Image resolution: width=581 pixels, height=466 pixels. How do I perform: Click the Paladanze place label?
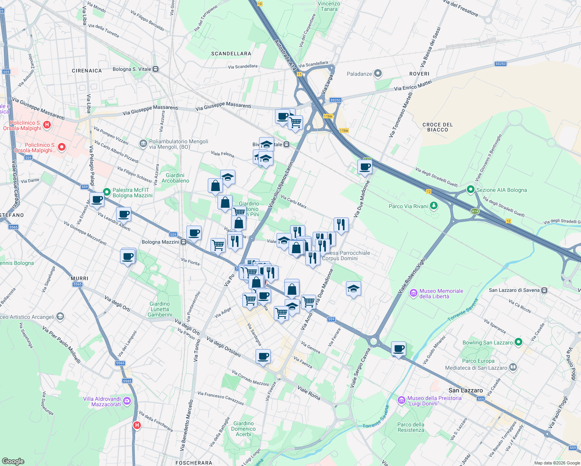[x=359, y=74]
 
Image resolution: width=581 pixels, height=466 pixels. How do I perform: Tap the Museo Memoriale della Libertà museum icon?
[x=414, y=293]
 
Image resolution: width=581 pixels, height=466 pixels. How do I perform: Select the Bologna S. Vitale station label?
[x=132, y=69]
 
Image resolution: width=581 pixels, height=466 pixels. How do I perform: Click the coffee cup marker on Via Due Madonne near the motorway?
[x=365, y=167]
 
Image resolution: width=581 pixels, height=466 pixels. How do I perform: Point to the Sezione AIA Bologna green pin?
[x=471, y=190]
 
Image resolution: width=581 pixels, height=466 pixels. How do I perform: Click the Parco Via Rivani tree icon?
[x=434, y=206]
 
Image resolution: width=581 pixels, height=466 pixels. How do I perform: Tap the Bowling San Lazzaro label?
[x=487, y=343]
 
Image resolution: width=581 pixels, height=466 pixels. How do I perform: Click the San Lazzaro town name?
[x=466, y=390]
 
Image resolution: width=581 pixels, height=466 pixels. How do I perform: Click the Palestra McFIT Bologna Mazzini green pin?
[x=107, y=192]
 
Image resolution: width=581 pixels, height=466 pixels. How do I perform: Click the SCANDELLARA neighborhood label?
[x=231, y=54]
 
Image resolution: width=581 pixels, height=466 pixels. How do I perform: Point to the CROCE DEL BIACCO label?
[x=437, y=127]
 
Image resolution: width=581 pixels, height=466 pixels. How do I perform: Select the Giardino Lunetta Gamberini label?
[x=160, y=309]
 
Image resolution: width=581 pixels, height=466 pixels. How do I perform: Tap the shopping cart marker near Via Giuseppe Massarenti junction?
[x=296, y=123]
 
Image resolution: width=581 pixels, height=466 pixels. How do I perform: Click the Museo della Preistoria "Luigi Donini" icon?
[x=402, y=400]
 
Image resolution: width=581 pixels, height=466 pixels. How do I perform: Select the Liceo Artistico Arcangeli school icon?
[x=60, y=316]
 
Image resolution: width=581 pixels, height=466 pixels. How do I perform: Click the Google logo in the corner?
[x=13, y=461]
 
